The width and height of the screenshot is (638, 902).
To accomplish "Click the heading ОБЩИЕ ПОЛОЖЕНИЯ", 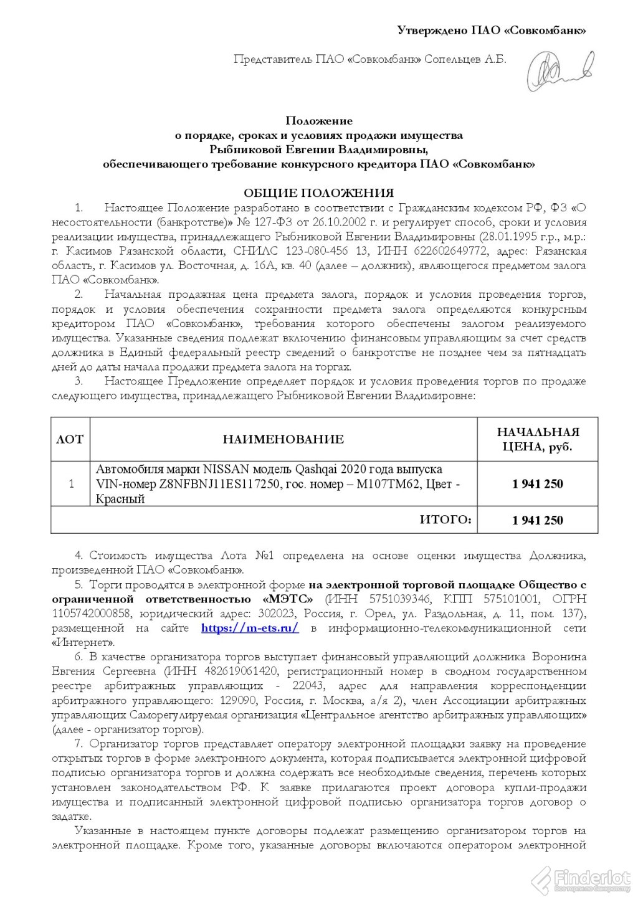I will pos(318,193).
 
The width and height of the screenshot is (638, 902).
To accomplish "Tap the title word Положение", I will pos(319,120).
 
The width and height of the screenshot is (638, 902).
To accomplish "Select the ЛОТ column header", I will pos(70,439).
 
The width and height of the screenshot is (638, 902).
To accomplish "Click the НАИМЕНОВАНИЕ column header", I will pos(283,439).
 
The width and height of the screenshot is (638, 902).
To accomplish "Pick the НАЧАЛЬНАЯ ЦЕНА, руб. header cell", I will pos(538,439).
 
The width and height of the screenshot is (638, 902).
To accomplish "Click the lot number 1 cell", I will pos(70,483).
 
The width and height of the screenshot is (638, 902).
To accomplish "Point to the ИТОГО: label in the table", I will pos(445,520).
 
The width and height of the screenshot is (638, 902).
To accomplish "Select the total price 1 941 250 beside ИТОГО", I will pos(538,520).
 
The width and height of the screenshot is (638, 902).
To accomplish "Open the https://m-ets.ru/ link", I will pos(250,628).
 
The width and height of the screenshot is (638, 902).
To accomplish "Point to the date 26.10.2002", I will pos(345,222).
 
